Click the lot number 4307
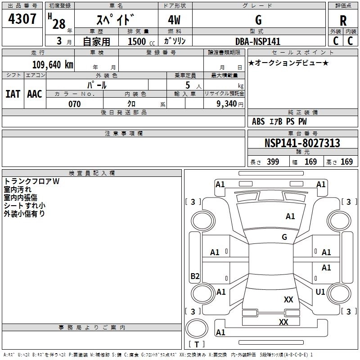click(22, 19)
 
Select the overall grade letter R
click(343, 21)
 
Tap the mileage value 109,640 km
click(53, 64)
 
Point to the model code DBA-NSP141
click(258, 41)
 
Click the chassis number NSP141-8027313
click(302, 143)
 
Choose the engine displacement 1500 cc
click(141, 41)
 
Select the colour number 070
click(75, 104)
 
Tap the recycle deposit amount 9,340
click(227, 104)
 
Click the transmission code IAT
click(13, 94)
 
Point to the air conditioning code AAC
click(35, 94)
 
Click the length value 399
click(273, 162)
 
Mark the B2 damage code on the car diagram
click(195, 276)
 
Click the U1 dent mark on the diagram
click(320, 292)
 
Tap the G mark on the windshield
click(284, 237)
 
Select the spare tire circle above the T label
click(197, 328)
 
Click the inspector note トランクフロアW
click(31, 181)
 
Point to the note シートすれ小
click(25, 206)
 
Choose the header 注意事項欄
click(124, 133)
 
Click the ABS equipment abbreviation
click(258, 121)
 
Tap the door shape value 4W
click(174, 20)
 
